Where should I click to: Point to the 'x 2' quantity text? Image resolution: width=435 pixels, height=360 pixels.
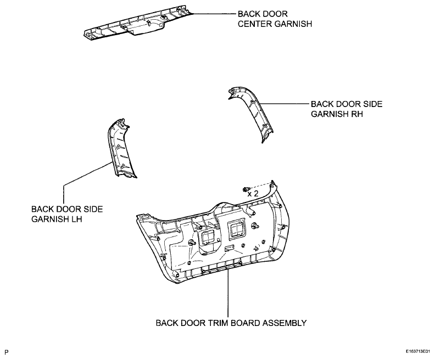pyautogui.click(x=253, y=194)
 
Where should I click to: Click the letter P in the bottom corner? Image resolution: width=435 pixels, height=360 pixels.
pyautogui.click(x=7, y=350)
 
